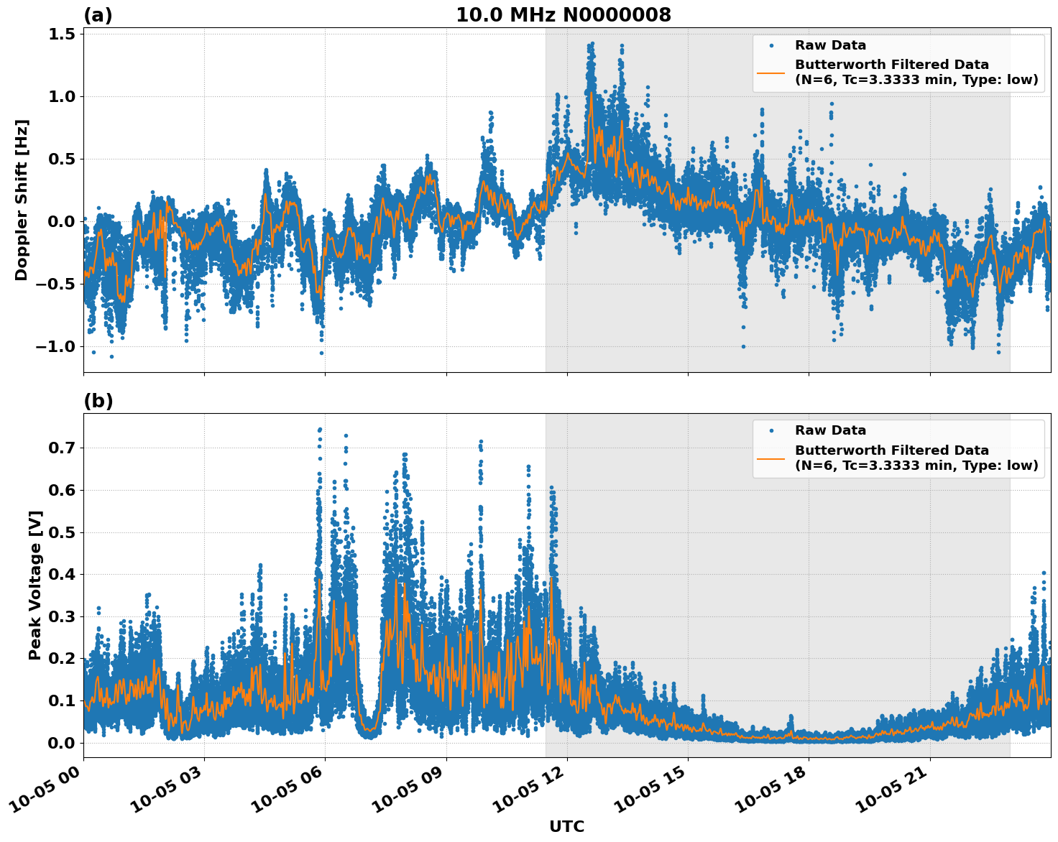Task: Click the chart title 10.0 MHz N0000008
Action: click(563, 15)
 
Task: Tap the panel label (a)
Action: click(98, 15)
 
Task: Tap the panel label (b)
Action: click(98, 401)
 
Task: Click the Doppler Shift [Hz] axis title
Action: click(22, 200)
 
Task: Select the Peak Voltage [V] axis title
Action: click(34, 585)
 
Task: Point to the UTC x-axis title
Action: click(566, 826)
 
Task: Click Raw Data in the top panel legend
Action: click(830, 45)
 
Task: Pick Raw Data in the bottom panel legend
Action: click(830, 430)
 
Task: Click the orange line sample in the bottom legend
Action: click(771, 458)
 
